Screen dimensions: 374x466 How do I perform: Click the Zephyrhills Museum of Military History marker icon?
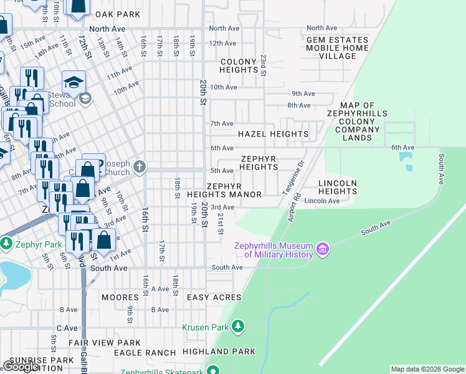322,250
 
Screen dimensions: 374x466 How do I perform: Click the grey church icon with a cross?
139,167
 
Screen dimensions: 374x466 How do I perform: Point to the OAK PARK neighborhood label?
113,14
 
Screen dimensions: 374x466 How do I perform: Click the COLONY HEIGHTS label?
239,65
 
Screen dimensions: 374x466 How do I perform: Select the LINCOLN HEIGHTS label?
337,187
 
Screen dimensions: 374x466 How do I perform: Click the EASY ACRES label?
214,298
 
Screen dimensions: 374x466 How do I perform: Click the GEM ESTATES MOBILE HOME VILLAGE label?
337,47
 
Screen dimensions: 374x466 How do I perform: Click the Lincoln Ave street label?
322,201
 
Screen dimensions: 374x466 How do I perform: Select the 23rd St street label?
264,65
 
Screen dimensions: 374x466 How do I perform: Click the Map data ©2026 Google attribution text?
427,369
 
